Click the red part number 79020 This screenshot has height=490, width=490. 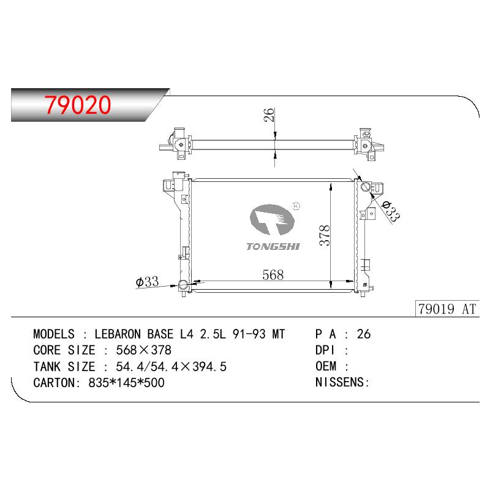click(x=78, y=104)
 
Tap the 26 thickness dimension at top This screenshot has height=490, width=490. click(x=269, y=115)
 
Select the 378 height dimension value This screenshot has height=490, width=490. click(x=325, y=235)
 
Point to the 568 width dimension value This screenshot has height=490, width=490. click(x=273, y=275)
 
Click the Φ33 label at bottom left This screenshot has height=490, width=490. click(x=147, y=282)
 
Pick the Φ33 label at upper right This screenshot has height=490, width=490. click(x=391, y=211)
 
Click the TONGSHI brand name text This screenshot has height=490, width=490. click(x=273, y=247)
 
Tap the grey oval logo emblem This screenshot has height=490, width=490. click(x=272, y=219)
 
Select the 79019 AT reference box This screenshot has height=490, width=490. click(x=447, y=309)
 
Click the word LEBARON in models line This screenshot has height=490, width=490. click(x=118, y=334)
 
